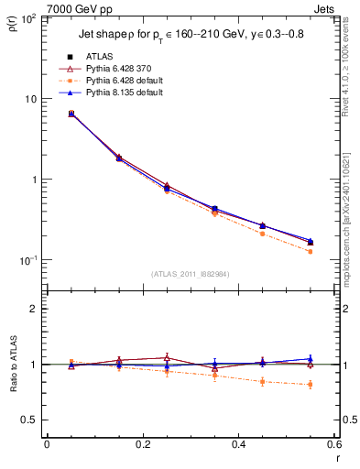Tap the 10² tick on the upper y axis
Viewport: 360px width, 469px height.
(31, 19)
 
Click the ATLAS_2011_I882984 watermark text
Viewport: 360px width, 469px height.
(190, 273)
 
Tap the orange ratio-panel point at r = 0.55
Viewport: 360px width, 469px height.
(311, 384)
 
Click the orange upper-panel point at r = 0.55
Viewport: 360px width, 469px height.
(311, 251)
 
